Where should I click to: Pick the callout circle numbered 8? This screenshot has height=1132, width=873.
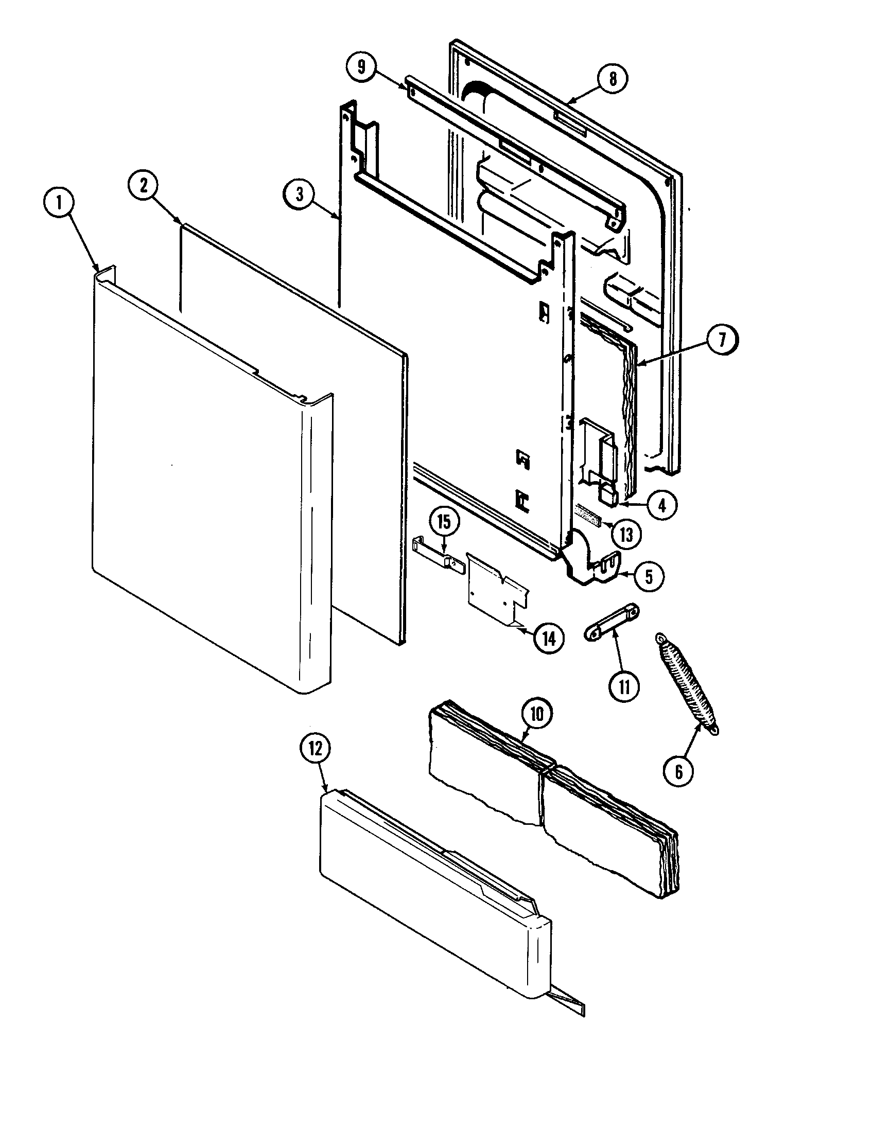(613, 79)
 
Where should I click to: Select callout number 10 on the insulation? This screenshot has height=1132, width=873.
(536, 714)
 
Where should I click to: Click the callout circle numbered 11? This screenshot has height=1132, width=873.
(624, 686)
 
